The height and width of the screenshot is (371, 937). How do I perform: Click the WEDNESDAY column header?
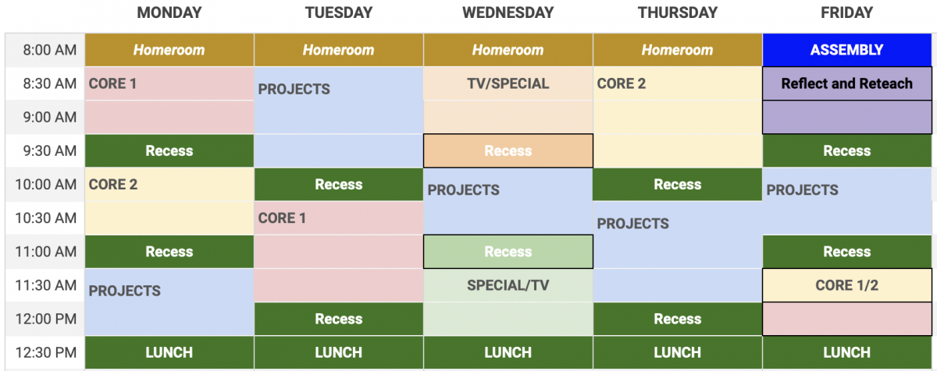tap(508, 12)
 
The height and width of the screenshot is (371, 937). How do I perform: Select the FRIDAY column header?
tap(846, 12)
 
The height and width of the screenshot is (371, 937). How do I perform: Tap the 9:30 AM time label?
tap(50, 150)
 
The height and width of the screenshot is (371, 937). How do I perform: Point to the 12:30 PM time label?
tap(46, 352)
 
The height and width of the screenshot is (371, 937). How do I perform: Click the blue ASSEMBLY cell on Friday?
tap(847, 50)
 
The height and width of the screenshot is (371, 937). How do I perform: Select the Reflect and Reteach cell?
tap(847, 83)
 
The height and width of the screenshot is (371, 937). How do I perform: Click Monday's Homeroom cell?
tap(169, 50)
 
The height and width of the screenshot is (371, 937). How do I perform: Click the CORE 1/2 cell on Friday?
tap(847, 285)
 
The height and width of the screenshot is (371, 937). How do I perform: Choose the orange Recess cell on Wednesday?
tap(508, 150)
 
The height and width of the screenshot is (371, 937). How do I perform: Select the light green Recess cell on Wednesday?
tap(508, 252)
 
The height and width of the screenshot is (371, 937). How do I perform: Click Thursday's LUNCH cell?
tap(678, 352)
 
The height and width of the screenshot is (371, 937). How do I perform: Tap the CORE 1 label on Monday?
tap(112, 83)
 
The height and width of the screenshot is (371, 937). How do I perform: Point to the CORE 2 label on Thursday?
tap(622, 83)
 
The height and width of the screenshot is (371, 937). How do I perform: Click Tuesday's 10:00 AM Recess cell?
tap(339, 185)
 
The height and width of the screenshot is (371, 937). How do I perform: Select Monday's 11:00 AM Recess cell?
tap(169, 252)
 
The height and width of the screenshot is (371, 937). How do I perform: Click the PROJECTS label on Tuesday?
tap(294, 89)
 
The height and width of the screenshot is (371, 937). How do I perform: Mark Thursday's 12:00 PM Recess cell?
tap(678, 319)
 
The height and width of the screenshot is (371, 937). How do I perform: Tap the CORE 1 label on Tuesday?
tap(282, 217)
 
